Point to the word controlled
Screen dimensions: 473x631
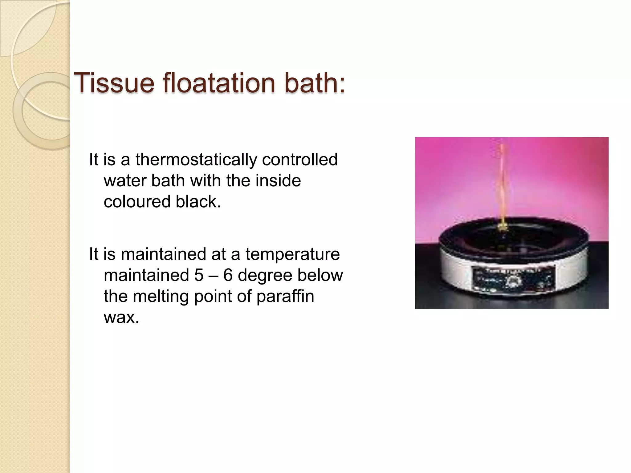(x=300, y=160)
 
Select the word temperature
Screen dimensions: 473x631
(x=292, y=254)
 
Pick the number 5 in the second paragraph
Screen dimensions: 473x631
(x=199, y=275)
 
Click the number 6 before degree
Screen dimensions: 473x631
(x=228, y=275)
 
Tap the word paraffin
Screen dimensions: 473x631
(x=285, y=296)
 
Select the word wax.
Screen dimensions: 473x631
(x=121, y=317)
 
